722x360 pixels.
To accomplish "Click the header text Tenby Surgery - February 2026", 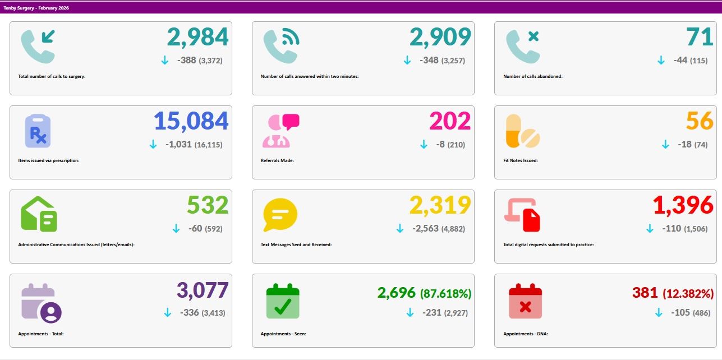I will point(36,7).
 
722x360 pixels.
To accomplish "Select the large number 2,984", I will point(197,37).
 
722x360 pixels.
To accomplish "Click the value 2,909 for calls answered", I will point(440,37).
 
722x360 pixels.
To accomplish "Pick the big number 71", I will point(700,37).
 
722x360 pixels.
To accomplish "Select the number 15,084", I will point(191,121).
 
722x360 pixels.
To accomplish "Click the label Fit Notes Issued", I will point(521,160).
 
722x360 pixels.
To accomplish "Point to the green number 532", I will point(208,205).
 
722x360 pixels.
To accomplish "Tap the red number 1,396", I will point(683,205).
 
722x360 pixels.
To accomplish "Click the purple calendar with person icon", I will point(41,303).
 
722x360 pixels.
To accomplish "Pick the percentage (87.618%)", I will point(445,293).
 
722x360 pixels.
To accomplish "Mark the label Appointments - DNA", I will point(526,334).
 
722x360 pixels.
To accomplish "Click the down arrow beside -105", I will point(659,312).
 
